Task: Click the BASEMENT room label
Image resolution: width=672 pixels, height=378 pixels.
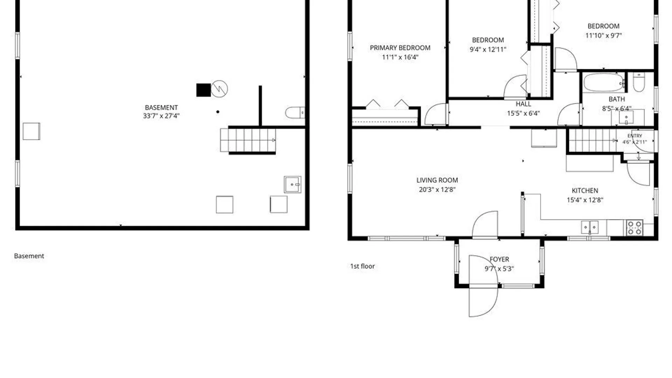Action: pos(161,107)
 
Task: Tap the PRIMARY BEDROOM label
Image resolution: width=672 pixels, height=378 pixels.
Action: pos(400,48)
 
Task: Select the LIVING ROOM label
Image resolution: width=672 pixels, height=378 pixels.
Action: pos(437,180)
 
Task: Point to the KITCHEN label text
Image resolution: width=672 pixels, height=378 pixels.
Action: pos(585,190)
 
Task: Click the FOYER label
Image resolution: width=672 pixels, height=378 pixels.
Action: pos(499,259)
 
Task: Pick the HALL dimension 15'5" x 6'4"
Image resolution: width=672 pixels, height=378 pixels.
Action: pos(523,113)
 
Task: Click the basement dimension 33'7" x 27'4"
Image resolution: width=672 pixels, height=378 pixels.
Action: pos(161,116)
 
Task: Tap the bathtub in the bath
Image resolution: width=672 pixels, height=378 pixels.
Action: pos(604,83)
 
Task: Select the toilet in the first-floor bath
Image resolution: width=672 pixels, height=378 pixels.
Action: pos(639,82)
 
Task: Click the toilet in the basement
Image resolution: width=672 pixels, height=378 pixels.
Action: pos(295,113)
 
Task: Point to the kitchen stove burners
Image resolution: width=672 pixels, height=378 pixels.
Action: pos(635,227)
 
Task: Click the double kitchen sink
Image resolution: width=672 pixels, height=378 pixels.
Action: pos(590,227)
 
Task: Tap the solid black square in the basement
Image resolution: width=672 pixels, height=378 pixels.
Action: pos(203,90)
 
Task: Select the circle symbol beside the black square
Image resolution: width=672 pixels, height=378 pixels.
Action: pos(219,89)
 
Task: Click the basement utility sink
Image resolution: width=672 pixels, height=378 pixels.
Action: pos(292,184)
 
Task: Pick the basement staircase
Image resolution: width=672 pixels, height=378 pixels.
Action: pos(248,140)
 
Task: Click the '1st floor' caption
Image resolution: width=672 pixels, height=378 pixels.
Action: pos(363,266)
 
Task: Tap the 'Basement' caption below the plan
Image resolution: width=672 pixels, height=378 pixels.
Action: pos(29,256)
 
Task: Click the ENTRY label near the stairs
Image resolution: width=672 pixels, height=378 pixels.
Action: pos(635,135)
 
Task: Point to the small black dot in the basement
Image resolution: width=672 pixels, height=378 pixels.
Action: pos(218,112)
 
